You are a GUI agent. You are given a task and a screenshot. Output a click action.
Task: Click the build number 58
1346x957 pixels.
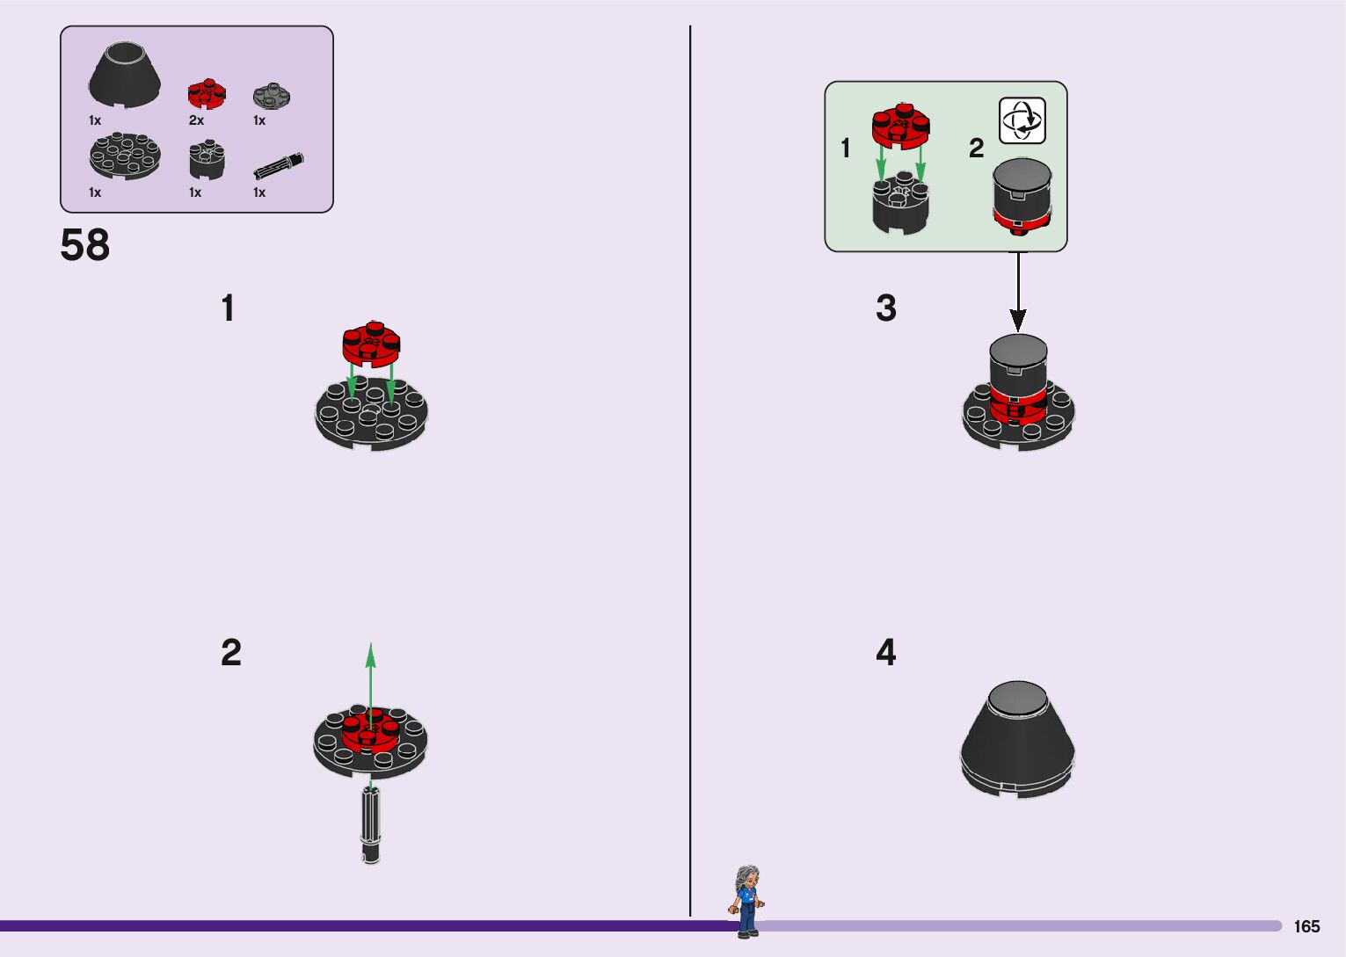(x=85, y=245)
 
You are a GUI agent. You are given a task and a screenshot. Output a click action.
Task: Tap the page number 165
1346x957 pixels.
(x=1306, y=926)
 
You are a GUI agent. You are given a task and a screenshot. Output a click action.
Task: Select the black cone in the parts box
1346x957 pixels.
(x=125, y=76)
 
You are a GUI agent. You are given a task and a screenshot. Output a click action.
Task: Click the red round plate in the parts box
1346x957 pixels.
(x=207, y=93)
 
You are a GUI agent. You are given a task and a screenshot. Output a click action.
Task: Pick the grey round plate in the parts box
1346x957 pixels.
(x=272, y=95)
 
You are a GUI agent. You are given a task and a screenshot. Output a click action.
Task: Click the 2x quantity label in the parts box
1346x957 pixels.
(x=196, y=120)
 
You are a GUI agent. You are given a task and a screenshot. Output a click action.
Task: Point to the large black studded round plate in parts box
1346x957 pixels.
(x=125, y=156)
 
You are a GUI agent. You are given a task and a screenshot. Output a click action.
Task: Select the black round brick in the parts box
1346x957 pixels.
(x=207, y=161)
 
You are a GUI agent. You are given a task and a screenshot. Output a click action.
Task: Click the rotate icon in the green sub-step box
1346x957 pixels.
(x=1022, y=120)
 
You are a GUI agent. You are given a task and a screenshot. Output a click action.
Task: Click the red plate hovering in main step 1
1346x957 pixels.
(x=371, y=344)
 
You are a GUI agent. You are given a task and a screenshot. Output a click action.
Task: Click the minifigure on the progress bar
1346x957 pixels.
(x=746, y=901)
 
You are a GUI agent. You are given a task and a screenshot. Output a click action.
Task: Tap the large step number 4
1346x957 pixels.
(x=886, y=652)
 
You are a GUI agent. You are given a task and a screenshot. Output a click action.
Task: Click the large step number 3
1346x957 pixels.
(x=886, y=308)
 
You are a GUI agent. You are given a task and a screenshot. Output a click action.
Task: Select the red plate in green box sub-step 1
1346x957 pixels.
(x=901, y=126)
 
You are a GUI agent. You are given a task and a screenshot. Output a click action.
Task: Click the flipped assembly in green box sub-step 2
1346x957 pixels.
(x=1022, y=198)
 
